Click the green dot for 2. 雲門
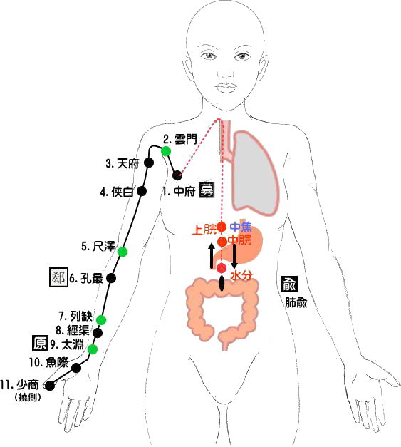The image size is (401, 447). pyautogui.click(x=166, y=151)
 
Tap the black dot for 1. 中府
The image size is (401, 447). pyautogui.click(x=177, y=175)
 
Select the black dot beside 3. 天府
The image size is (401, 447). pyautogui.click(x=149, y=163)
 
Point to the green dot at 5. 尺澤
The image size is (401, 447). pyautogui.click(x=123, y=252)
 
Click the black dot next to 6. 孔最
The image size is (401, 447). pyautogui.click(x=111, y=278)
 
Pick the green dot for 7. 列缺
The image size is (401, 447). pyautogui.click(x=101, y=320)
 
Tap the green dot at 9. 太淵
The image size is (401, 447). pyautogui.click(x=93, y=349)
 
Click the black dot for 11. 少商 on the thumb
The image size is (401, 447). pyautogui.click(x=50, y=386)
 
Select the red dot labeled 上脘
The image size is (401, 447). pyautogui.click(x=222, y=227)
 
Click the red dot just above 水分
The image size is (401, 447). pyautogui.click(x=222, y=268)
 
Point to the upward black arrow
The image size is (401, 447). pyautogui.click(x=212, y=256)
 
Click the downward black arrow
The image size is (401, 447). pyautogui.click(x=234, y=256)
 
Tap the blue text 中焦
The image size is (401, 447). pyautogui.click(x=241, y=227)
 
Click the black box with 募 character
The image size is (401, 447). pyautogui.click(x=206, y=190)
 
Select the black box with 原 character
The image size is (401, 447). pyautogui.click(x=40, y=343)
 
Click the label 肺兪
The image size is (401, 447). pyautogui.click(x=296, y=302)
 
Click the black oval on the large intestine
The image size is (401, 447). pyautogui.click(x=222, y=284)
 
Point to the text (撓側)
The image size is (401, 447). pyautogui.click(x=28, y=397)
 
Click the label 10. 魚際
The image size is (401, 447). pyautogui.click(x=48, y=362)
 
